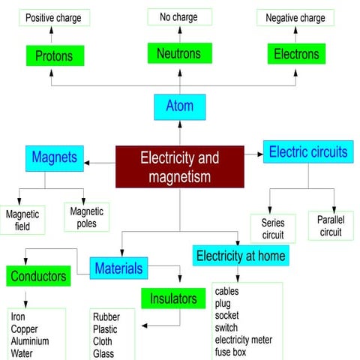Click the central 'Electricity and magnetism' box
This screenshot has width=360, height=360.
(179, 166)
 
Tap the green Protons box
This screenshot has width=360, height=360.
(54, 55)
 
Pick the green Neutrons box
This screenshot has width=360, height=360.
(179, 53)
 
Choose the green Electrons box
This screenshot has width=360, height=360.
(296, 54)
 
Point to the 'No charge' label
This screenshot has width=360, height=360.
(179, 16)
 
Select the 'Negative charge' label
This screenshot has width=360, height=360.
(296, 17)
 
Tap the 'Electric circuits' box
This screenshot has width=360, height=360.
(308, 152)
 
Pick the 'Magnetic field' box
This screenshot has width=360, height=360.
(22, 220)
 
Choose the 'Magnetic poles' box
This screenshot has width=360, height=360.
(86, 217)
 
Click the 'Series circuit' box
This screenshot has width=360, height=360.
(273, 228)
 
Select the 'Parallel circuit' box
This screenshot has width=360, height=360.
(330, 226)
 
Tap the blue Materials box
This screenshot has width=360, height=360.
(118, 267)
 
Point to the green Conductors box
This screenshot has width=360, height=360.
(38, 276)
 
